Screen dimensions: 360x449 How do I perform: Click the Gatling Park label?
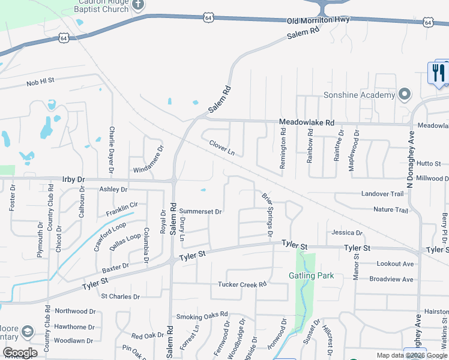click(x=311, y=275)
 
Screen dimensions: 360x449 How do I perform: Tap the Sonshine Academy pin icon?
click(x=405, y=95)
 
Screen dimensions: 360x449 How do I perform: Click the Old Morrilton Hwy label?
click(x=318, y=20)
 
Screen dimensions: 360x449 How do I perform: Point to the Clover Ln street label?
click(x=222, y=148)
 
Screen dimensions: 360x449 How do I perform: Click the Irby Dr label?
click(x=74, y=179)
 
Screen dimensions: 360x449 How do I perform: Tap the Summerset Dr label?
click(x=201, y=212)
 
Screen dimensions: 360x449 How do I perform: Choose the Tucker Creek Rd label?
click(x=242, y=284)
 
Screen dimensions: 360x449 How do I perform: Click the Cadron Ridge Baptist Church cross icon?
click(x=138, y=5)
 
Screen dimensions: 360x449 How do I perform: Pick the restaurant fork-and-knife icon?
click(x=438, y=73)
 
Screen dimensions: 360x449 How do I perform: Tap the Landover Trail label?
click(x=382, y=194)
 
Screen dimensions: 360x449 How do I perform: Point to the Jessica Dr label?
click(x=348, y=233)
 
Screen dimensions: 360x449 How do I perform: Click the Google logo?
click(x=19, y=353)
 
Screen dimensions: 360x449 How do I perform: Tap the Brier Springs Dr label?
click(x=268, y=214)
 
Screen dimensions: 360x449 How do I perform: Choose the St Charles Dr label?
click(x=120, y=296)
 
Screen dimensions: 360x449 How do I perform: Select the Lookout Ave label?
click(x=395, y=264)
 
